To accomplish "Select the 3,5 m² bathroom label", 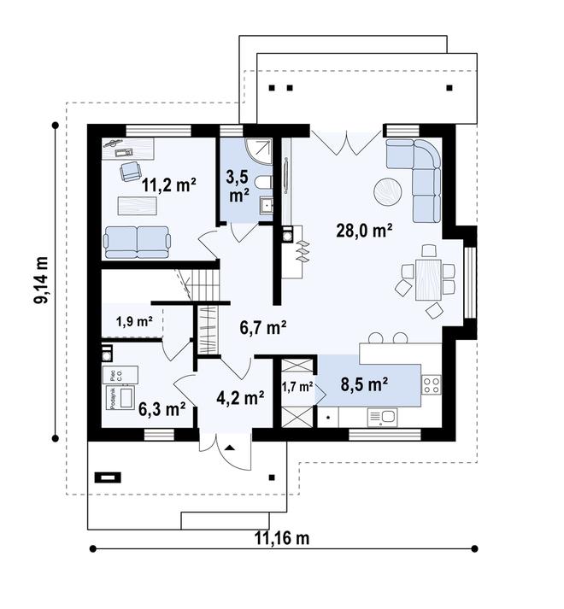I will [x=238, y=186].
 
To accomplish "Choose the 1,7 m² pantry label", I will [x=297, y=386].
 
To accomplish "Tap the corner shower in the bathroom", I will [x=258, y=150].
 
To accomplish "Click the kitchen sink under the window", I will [x=383, y=416].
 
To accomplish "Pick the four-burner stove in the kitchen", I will [x=432, y=388].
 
